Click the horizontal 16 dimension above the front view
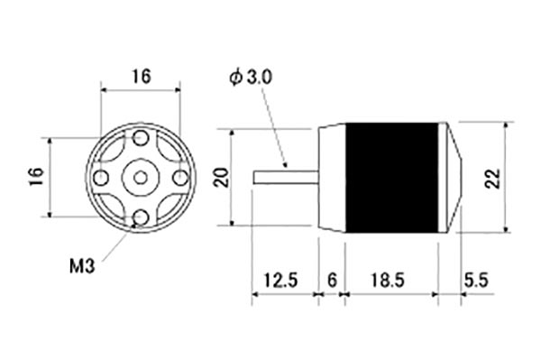pyautogui.click(x=142, y=77)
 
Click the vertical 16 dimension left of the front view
pyautogui.click(x=37, y=177)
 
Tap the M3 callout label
pyautogui.click(x=82, y=266)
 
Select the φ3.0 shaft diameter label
pyautogui.click(x=251, y=78)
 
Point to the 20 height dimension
pyautogui.click(x=222, y=178)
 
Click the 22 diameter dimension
pyautogui.click(x=492, y=178)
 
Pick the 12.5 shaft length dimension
pyautogui.click(x=280, y=280)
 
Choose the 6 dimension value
pyautogui.click(x=332, y=280)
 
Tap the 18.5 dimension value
pyautogui.click(x=388, y=280)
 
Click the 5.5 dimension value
pyautogui.click(x=476, y=280)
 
